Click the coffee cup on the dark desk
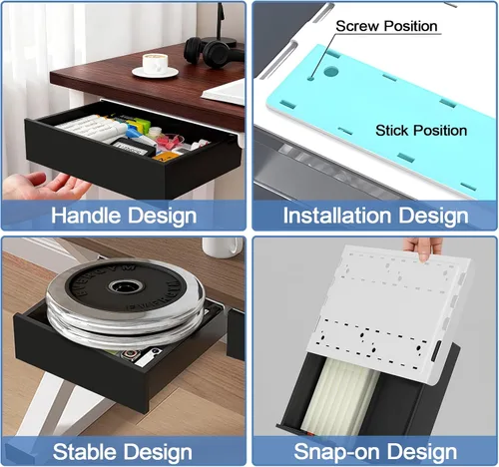(155, 63)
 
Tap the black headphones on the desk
(213, 53)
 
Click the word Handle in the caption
(86, 216)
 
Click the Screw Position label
(386, 26)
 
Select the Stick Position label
(421, 130)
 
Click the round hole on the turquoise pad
(330, 71)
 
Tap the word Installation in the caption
(337, 216)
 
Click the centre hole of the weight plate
(126, 285)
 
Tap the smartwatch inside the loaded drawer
(131, 355)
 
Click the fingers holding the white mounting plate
(421, 248)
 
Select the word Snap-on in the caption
(336, 452)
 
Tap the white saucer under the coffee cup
(155, 72)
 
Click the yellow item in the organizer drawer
(164, 157)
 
